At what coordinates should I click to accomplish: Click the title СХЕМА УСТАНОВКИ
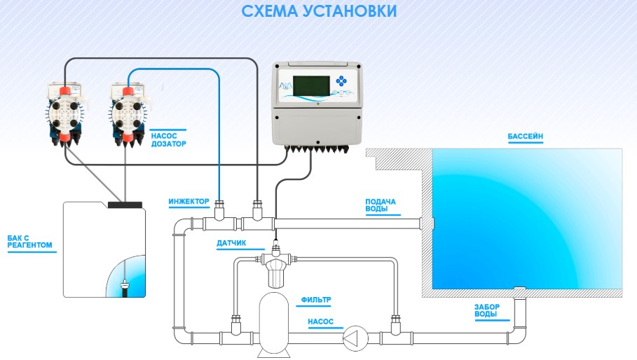[x=319, y=12]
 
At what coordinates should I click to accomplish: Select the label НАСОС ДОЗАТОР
[x=168, y=137]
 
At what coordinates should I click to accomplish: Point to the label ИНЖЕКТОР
[x=189, y=201]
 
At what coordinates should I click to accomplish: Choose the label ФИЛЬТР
[x=315, y=300]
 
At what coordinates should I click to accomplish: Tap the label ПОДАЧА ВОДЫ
[x=381, y=205]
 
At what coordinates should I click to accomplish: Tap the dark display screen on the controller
[x=313, y=85]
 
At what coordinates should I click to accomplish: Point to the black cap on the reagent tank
[x=125, y=205]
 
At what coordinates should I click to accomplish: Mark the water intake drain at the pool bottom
[x=519, y=290]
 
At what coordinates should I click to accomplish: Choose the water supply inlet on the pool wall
[x=427, y=223]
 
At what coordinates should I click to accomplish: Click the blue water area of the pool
[x=526, y=217]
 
